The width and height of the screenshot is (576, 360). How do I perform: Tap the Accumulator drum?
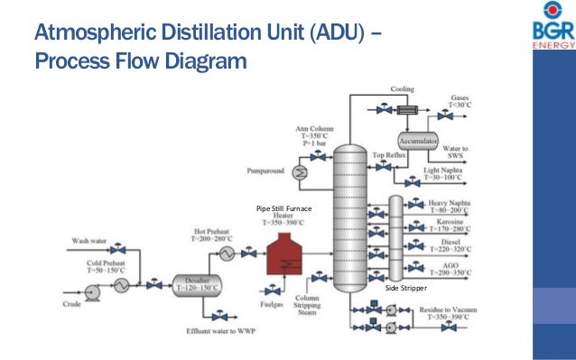click(x=417, y=143)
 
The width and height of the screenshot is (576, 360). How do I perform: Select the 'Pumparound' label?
click(x=263, y=170)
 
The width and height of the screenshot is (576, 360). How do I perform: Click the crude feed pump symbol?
click(x=90, y=291)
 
